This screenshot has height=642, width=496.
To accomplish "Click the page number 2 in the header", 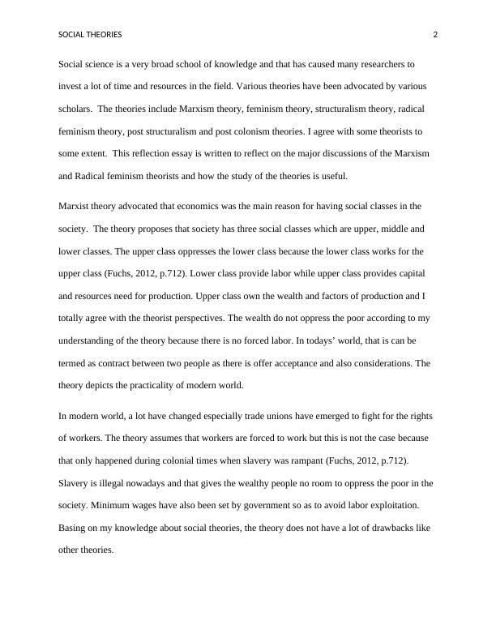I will [435, 35].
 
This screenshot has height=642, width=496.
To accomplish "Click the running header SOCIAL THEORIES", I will [90, 35].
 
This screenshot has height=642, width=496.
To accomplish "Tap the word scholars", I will [75, 108].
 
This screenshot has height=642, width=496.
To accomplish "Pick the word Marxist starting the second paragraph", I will [76, 206].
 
